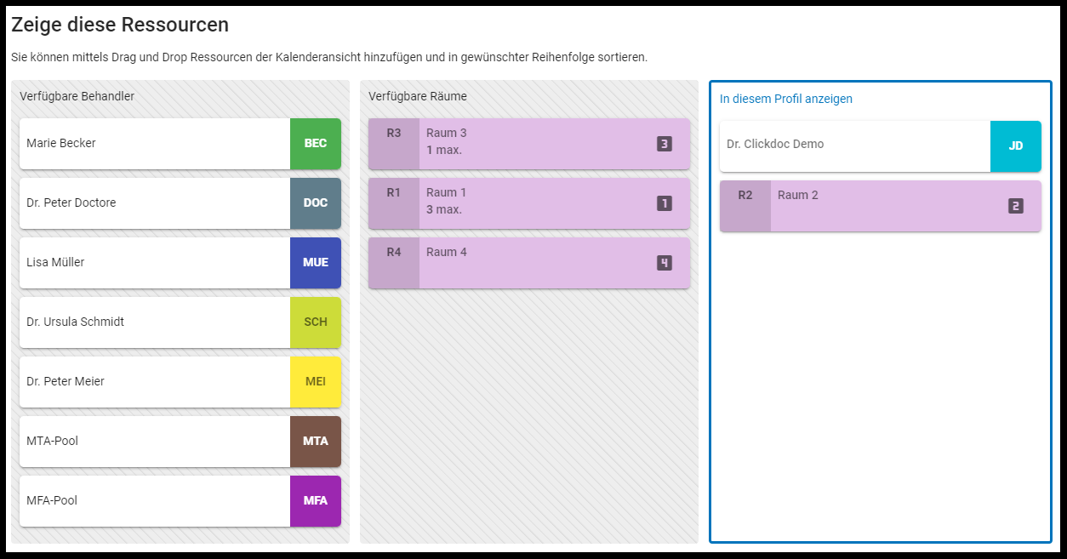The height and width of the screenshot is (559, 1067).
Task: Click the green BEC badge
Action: click(316, 144)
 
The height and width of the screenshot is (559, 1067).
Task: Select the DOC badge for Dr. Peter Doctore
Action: click(316, 203)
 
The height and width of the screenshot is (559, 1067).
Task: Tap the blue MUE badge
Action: click(316, 263)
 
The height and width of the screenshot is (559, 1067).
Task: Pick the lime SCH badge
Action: click(316, 322)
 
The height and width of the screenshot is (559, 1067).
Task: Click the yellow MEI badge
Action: click(316, 382)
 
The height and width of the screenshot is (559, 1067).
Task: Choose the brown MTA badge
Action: click(316, 442)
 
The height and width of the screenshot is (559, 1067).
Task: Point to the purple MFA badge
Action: click(316, 501)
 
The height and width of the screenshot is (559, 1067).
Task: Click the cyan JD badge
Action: click(1016, 146)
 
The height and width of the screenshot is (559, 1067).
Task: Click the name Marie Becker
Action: click(61, 144)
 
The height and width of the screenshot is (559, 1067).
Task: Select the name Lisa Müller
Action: click(55, 263)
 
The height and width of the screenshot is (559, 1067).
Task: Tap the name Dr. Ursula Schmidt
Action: click(76, 322)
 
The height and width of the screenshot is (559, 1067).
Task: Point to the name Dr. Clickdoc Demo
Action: click(775, 145)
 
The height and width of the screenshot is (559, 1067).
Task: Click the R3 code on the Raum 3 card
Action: click(394, 134)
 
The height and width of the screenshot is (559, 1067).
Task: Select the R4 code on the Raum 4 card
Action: click(394, 253)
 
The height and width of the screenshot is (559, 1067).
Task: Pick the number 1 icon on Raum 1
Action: click(665, 203)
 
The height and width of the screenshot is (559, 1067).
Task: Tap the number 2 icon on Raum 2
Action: click(1015, 206)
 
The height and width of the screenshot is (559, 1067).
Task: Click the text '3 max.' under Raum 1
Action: click(444, 209)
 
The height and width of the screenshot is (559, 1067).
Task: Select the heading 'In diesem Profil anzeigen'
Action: click(786, 100)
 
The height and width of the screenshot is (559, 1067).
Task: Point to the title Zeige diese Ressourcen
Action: click(120, 26)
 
